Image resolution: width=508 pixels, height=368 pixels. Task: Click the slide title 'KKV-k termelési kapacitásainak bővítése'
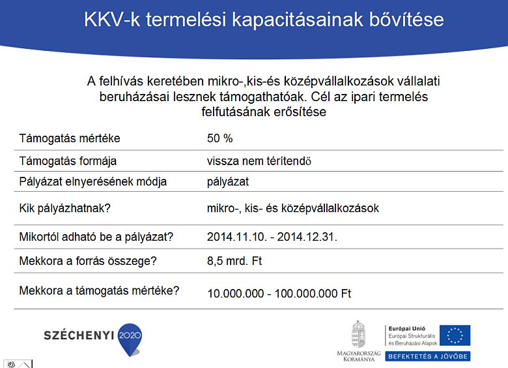(x=264, y=20)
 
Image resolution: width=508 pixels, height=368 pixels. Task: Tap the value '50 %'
(x=219, y=138)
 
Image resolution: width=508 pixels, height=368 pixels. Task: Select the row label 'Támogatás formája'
(x=68, y=161)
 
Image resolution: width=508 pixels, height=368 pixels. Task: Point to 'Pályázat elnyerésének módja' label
(x=92, y=181)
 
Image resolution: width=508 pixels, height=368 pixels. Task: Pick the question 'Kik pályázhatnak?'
(x=64, y=208)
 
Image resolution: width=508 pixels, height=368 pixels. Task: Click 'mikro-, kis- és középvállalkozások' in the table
(x=292, y=208)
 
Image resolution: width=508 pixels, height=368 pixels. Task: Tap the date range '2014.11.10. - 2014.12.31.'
(x=272, y=236)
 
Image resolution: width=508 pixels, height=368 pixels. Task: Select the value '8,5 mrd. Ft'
(x=234, y=261)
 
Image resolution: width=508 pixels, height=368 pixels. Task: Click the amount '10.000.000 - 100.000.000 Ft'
(x=279, y=294)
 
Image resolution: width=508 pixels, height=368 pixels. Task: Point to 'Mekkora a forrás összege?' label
(x=88, y=261)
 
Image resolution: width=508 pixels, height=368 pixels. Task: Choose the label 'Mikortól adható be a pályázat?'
(x=100, y=236)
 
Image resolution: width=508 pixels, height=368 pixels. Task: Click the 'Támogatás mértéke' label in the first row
(x=69, y=138)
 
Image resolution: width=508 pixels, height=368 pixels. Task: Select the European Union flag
(x=455, y=335)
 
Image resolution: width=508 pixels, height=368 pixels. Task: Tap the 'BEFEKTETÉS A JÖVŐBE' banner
(x=427, y=356)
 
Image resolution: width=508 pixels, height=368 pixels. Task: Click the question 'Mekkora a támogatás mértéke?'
(x=99, y=290)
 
